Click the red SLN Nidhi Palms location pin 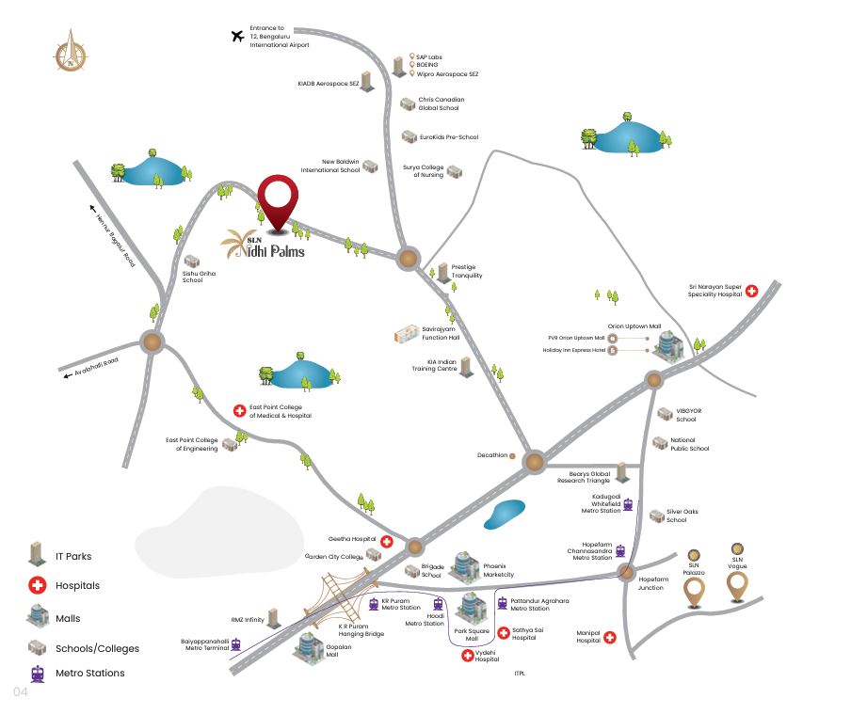278,203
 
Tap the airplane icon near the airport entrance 238,37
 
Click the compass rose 71,52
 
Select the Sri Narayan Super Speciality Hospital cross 751,291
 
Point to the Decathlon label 492,455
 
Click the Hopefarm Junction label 653,583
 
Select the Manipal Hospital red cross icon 610,637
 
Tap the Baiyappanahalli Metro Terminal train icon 235,644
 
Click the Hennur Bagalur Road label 115,240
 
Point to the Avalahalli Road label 96,367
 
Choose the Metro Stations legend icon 38,674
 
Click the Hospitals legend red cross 38,585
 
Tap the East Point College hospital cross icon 239,411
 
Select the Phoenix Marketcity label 498,570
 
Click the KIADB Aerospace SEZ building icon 367,82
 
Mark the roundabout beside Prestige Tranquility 408,259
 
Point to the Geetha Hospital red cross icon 386,541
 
